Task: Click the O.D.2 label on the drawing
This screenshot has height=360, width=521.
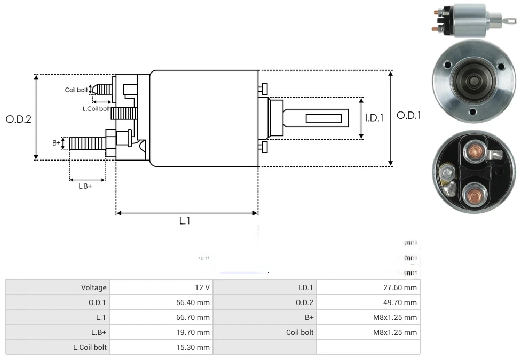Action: point(19,119)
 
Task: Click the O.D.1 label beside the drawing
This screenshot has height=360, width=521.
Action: point(409,115)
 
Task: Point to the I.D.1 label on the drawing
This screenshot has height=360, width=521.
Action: point(375,118)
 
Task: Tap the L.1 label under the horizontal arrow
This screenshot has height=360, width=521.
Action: point(184,221)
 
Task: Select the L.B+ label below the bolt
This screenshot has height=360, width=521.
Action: point(85,186)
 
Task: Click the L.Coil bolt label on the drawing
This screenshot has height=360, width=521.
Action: point(96,108)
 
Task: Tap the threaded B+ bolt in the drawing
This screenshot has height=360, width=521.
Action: point(88,143)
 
